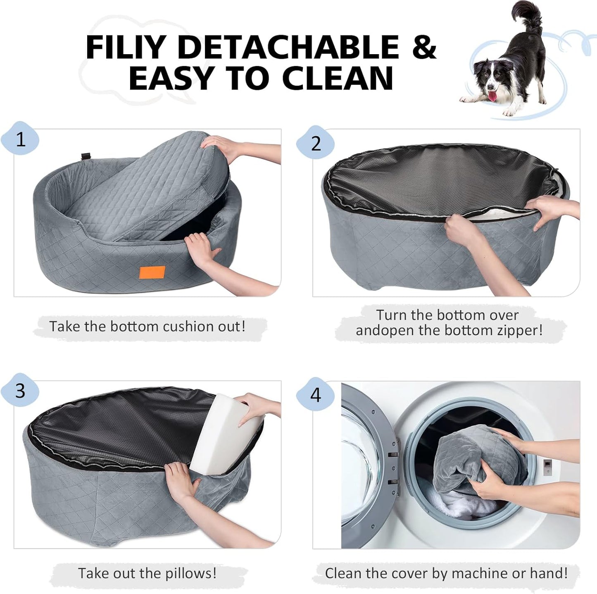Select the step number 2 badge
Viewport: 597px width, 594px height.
(x=316, y=143)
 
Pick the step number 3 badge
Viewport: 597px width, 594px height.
(x=21, y=391)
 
